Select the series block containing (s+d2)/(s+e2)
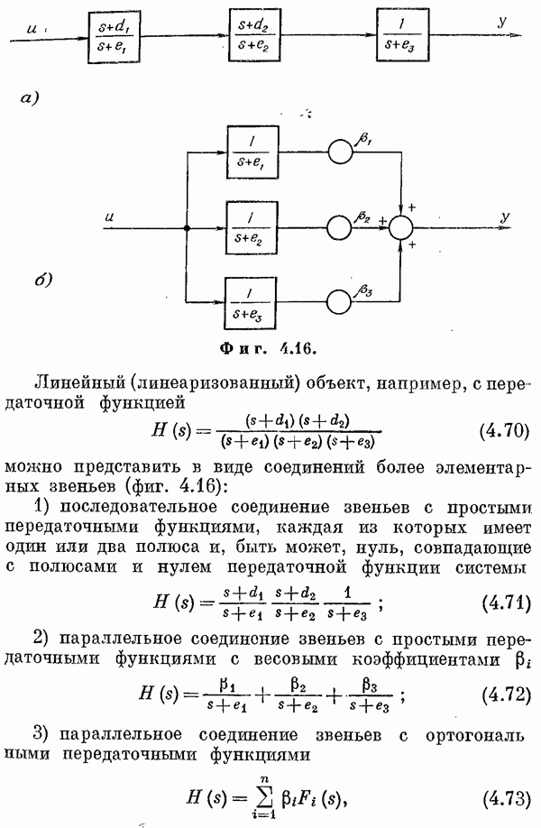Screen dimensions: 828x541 coord(255,37)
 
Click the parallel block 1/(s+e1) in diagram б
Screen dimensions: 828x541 coord(255,152)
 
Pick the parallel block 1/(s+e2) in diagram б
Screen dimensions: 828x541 coord(255,228)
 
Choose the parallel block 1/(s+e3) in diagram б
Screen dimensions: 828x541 coord(255,302)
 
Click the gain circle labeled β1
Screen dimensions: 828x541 coord(341,152)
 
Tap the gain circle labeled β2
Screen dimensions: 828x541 coord(341,227)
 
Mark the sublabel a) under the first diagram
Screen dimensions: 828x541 coord(56,95)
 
